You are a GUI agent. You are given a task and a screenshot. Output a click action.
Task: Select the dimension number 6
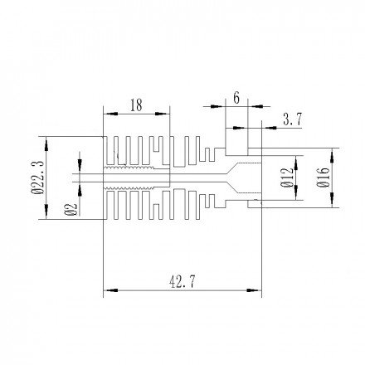pos(236,98)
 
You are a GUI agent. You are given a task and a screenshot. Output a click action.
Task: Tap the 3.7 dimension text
pos(292,120)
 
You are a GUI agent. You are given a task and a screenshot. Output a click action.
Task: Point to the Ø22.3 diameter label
pos(37,178)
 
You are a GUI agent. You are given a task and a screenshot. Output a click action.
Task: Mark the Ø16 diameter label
pos(323,177)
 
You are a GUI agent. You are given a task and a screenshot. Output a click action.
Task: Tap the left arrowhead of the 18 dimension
pos(106,114)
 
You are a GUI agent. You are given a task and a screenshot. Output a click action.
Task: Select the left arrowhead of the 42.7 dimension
pos(106,290)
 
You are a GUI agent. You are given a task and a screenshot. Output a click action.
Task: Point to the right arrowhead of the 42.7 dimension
pos(258,290)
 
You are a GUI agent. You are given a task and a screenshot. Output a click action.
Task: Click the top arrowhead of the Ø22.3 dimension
pos(46,140)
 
